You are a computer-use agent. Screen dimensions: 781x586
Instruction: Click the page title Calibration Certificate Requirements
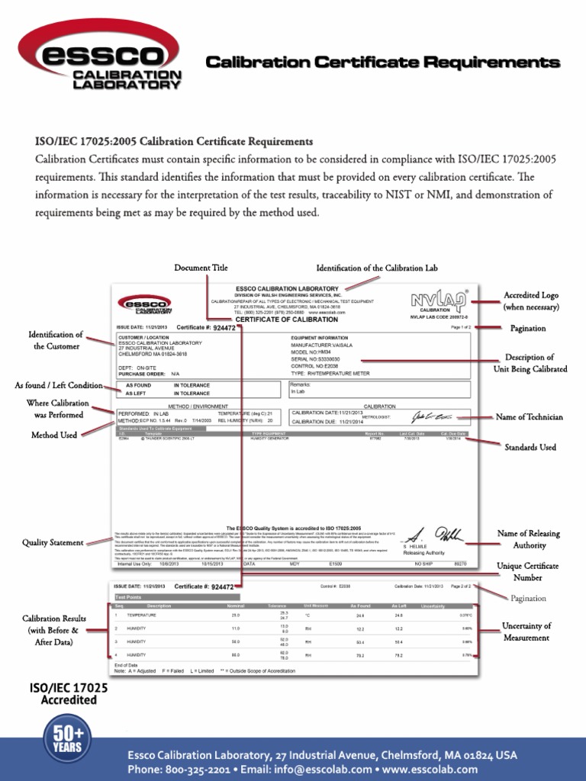pyautogui.click(x=384, y=62)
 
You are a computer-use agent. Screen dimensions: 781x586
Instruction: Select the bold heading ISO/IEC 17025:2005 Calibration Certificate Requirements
pyautogui.click(x=174, y=142)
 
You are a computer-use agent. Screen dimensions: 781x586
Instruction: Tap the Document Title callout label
pyautogui.click(x=201, y=268)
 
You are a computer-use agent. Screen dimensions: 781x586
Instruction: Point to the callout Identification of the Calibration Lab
pyautogui.click(x=377, y=268)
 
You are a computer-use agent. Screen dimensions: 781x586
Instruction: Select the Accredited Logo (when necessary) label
pyautogui.click(x=531, y=301)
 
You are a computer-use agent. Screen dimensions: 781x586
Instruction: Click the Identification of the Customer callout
pyautogui.click(x=56, y=340)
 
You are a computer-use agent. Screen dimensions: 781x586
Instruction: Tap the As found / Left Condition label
pyautogui.click(x=59, y=385)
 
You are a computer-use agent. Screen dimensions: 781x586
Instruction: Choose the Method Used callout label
pyautogui.click(x=53, y=435)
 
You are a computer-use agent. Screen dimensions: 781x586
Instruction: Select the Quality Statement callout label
pyautogui.click(x=53, y=542)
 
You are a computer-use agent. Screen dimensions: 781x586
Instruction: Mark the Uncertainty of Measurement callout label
pyautogui.click(x=526, y=632)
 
